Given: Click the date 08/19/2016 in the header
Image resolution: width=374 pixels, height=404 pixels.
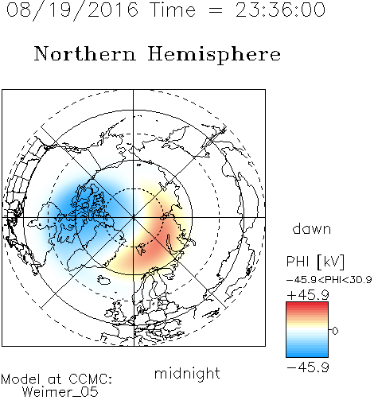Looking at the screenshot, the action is point(72,10).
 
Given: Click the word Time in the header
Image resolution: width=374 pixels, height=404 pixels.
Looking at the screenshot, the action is point(173,10).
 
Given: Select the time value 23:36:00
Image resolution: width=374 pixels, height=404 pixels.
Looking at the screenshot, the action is point(280,10).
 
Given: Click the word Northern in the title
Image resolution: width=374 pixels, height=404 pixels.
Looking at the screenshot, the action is point(85,53).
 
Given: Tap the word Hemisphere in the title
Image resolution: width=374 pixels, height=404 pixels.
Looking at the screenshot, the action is point(214,55).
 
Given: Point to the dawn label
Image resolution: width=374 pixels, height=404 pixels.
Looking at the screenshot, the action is point(312,228).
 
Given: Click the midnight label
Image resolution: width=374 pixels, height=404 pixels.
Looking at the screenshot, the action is point(187,373).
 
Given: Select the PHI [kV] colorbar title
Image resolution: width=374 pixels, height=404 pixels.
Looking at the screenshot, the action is point(315,262).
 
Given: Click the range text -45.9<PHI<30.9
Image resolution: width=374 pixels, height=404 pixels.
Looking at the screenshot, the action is point(329,280).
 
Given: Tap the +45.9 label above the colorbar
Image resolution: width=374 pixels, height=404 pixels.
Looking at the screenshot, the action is point(308,295).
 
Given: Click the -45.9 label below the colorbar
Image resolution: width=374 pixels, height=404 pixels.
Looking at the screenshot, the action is point(308,367).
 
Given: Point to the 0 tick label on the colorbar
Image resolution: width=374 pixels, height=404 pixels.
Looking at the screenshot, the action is point(335,331).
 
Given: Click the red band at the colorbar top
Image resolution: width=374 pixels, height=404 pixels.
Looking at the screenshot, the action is point(307,305).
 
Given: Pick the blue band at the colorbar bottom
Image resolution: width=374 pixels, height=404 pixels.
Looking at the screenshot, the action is point(307,354).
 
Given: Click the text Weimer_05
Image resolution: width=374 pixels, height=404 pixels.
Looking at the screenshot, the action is point(60,392).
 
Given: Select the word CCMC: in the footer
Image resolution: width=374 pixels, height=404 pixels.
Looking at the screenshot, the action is point(90,379).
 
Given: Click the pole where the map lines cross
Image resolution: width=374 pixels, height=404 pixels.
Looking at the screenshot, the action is point(134,217).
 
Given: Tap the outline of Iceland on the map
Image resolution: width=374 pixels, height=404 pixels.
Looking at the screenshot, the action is point(103,280).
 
